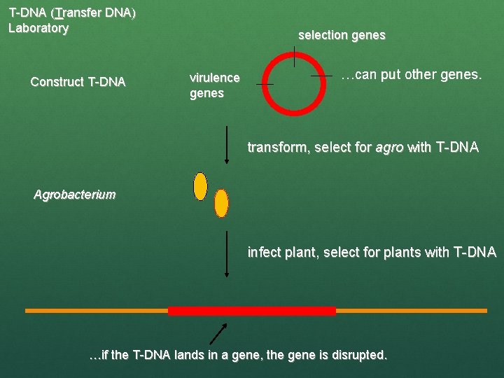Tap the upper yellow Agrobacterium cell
tap(200, 186)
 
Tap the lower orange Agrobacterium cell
tap(221, 203)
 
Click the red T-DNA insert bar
tap(252, 311)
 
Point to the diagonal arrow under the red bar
tap(220, 333)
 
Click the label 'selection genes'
tap(342, 35)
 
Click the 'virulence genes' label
tap(214, 85)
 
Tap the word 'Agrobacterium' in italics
tap(75, 195)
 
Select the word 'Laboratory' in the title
tap(38, 29)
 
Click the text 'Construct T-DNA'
tap(78, 83)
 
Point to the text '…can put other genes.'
tap(411, 75)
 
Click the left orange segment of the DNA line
tap(97, 310)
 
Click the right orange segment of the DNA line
tap(411, 310)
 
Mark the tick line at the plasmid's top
tap(295, 56)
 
